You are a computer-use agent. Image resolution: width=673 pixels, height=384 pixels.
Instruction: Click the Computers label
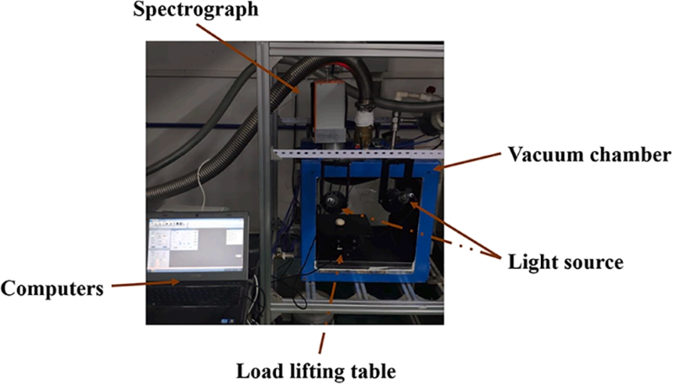click(52, 288)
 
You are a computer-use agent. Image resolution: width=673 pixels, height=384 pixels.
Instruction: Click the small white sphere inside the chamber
click(339, 224)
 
